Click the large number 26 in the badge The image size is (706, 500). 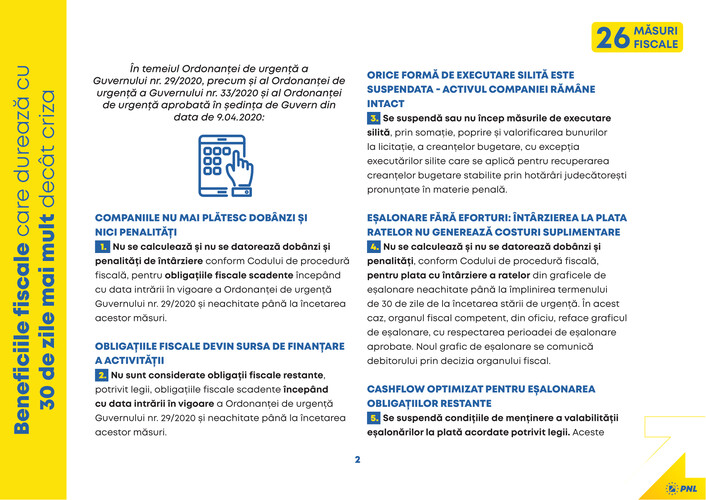[x=613, y=38]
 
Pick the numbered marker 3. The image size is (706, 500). [x=374, y=118]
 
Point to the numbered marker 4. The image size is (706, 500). [x=374, y=246]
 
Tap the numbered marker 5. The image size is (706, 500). [x=374, y=416]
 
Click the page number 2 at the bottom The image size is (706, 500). [x=357, y=460]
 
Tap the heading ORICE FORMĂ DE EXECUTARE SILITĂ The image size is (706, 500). [x=470, y=75]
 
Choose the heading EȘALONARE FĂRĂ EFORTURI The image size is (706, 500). [x=482, y=217]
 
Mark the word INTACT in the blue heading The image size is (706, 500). [x=386, y=103]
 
